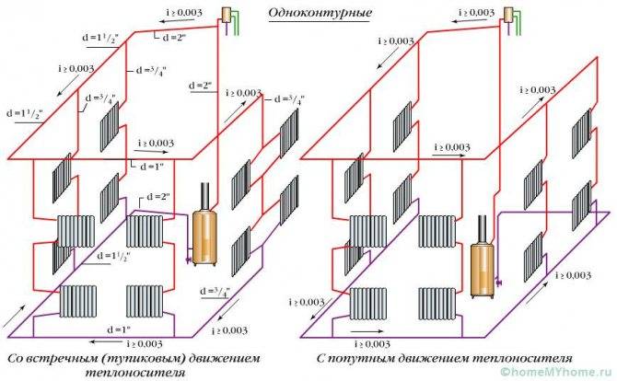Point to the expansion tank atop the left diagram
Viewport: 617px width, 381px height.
226,15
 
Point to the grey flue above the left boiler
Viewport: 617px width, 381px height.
204,196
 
